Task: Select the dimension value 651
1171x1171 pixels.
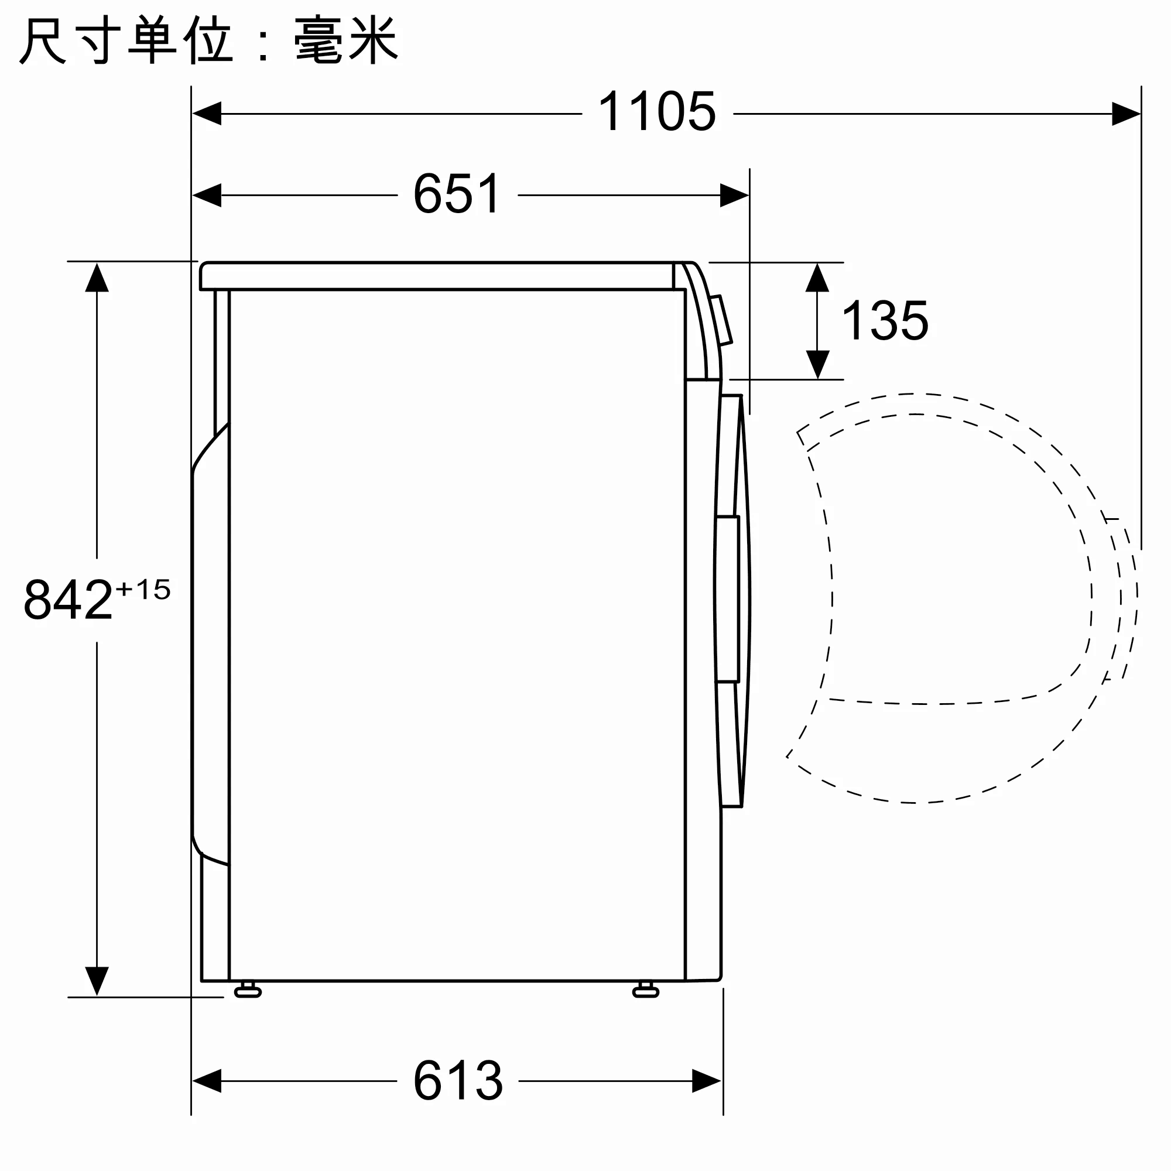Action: [x=457, y=194]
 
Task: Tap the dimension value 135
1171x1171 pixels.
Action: [x=884, y=321]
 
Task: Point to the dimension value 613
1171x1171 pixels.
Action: [x=458, y=1081]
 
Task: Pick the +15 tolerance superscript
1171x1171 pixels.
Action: [x=143, y=589]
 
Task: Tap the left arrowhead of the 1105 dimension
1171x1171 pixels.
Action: [x=207, y=114]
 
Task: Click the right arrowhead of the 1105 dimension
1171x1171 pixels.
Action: [x=1125, y=114]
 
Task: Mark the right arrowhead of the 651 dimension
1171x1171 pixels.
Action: [x=734, y=195]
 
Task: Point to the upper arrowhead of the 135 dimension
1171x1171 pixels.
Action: [x=817, y=278]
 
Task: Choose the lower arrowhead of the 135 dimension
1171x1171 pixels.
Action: [x=817, y=364]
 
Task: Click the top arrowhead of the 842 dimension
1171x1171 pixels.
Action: [x=97, y=278]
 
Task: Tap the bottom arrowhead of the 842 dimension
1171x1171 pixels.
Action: [x=97, y=981]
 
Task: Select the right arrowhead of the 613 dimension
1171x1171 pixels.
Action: [x=706, y=1081]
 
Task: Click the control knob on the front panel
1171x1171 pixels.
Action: [x=721, y=320]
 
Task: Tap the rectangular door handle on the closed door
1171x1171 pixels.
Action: [x=727, y=599]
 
